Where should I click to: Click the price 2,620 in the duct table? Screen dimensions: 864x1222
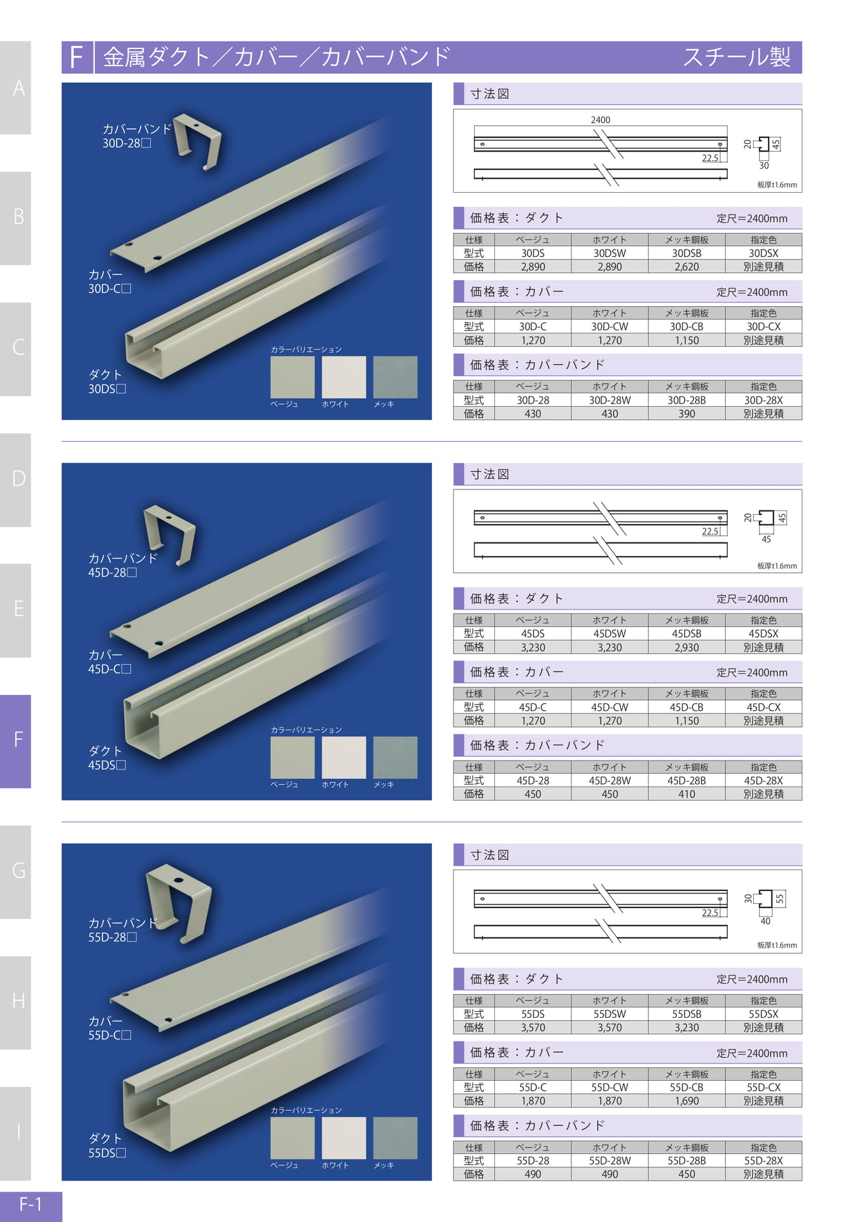[x=686, y=267]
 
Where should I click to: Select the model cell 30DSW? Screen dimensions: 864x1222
[x=610, y=253]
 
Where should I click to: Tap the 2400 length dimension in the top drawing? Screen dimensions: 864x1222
[x=600, y=120]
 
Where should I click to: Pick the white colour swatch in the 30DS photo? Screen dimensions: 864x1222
[x=344, y=377]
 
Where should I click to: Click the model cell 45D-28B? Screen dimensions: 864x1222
[x=686, y=780]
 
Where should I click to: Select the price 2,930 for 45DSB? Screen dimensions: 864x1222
[x=686, y=647]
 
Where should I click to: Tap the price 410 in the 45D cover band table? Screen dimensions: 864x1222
[x=686, y=794]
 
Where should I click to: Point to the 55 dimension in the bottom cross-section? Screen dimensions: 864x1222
[x=780, y=898]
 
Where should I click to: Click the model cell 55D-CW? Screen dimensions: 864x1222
[x=610, y=1088]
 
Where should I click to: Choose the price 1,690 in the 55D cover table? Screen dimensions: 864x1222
[x=686, y=1101]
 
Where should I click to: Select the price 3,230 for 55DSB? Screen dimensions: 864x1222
[x=686, y=1028]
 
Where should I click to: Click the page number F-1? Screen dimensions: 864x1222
[x=31, y=1204]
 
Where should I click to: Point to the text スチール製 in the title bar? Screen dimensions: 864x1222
[x=737, y=57]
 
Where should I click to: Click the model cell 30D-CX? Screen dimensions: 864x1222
[x=763, y=327]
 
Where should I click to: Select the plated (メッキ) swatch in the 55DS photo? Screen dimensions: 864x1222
[x=395, y=1138]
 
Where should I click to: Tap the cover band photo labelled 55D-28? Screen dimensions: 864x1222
[x=179, y=904]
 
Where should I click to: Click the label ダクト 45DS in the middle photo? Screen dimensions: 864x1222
[x=107, y=758]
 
